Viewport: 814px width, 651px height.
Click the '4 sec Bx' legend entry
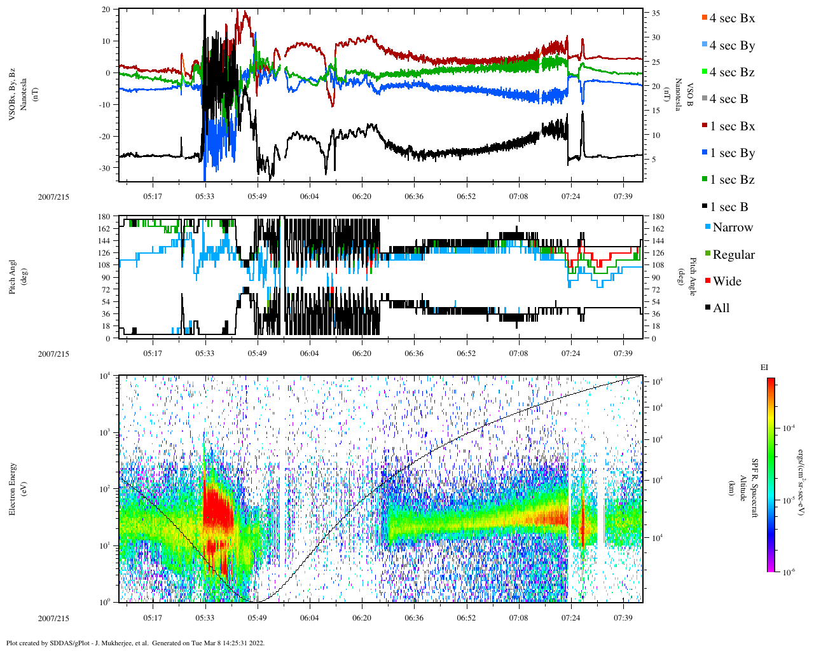(x=732, y=18)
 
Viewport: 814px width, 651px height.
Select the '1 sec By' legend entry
(x=732, y=153)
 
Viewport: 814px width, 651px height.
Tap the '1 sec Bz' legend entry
(x=732, y=180)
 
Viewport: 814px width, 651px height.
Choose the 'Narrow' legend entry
(x=732, y=228)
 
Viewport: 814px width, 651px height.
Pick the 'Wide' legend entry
(x=727, y=282)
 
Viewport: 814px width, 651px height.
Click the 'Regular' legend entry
(x=733, y=255)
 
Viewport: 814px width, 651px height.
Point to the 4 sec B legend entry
(x=729, y=99)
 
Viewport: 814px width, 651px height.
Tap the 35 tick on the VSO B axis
(x=655, y=13)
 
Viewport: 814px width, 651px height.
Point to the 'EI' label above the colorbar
(x=764, y=367)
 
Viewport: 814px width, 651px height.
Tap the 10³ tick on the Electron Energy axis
(x=104, y=432)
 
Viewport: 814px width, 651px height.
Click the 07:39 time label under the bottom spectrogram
(x=623, y=618)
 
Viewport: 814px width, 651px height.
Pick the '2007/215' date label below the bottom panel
(x=53, y=618)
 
